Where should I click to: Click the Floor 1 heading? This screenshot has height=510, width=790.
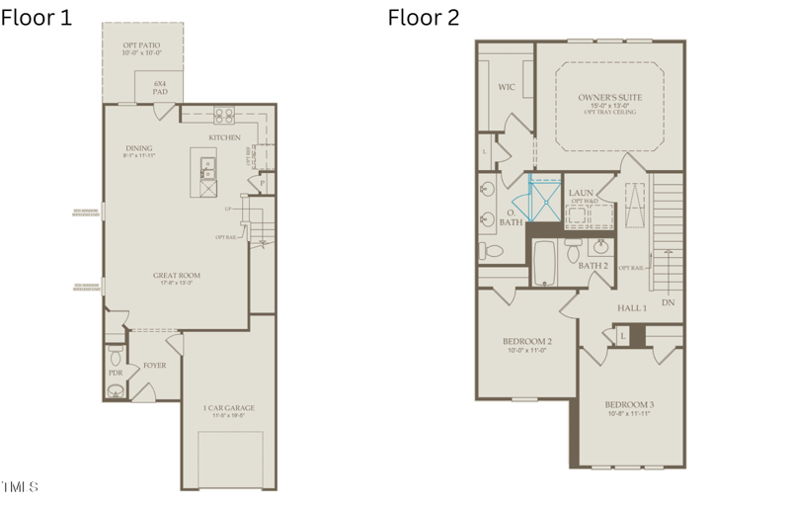point(37,17)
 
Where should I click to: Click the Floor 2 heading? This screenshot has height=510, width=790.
point(423,17)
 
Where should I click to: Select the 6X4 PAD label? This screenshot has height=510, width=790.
point(160,87)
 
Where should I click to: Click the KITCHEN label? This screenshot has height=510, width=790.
point(224,137)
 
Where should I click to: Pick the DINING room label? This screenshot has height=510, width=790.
point(138,150)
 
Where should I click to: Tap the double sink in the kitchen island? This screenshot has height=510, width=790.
point(209,169)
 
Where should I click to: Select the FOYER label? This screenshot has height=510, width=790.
point(154,365)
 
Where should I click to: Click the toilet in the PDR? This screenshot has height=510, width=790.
point(116,352)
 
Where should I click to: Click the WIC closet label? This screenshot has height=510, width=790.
point(506,87)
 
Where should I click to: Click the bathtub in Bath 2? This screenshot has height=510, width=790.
point(544,264)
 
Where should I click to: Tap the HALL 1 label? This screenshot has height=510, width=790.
point(632,308)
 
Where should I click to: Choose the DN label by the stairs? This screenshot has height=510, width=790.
point(669,302)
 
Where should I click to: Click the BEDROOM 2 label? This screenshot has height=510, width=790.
point(526,344)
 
